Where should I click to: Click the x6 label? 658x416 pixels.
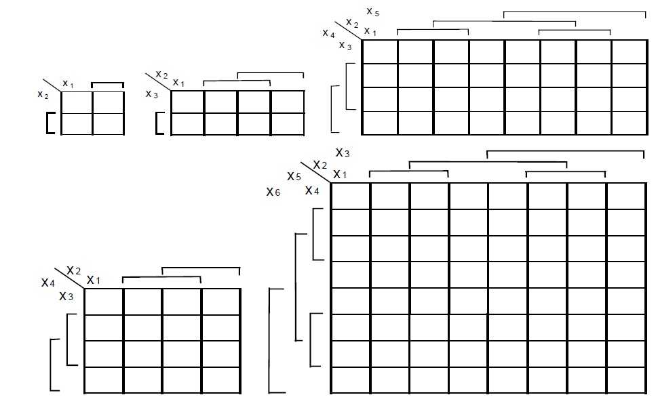click(273, 192)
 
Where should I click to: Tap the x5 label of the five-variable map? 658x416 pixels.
click(372, 12)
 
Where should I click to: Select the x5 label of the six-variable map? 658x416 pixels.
click(294, 176)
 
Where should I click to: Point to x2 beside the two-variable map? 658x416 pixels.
click(43, 95)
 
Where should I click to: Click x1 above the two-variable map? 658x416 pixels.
click(68, 84)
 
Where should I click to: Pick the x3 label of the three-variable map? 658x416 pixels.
click(151, 94)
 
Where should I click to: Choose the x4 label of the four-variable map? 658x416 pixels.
click(48, 283)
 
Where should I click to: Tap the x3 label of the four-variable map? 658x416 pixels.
click(66, 296)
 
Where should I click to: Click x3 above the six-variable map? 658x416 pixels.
click(343, 153)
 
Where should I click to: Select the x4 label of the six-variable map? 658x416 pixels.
click(312, 190)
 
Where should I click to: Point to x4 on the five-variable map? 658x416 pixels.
click(328, 33)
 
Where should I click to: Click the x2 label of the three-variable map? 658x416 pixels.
click(161, 75)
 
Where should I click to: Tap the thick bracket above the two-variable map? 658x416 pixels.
click(107, 83)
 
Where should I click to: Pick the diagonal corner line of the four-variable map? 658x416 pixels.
click(69, 278)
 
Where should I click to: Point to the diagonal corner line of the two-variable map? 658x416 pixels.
click(52, 85)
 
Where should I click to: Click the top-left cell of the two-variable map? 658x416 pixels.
click(77, 102)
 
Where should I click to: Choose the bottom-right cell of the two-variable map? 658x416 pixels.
click(108, 124)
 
